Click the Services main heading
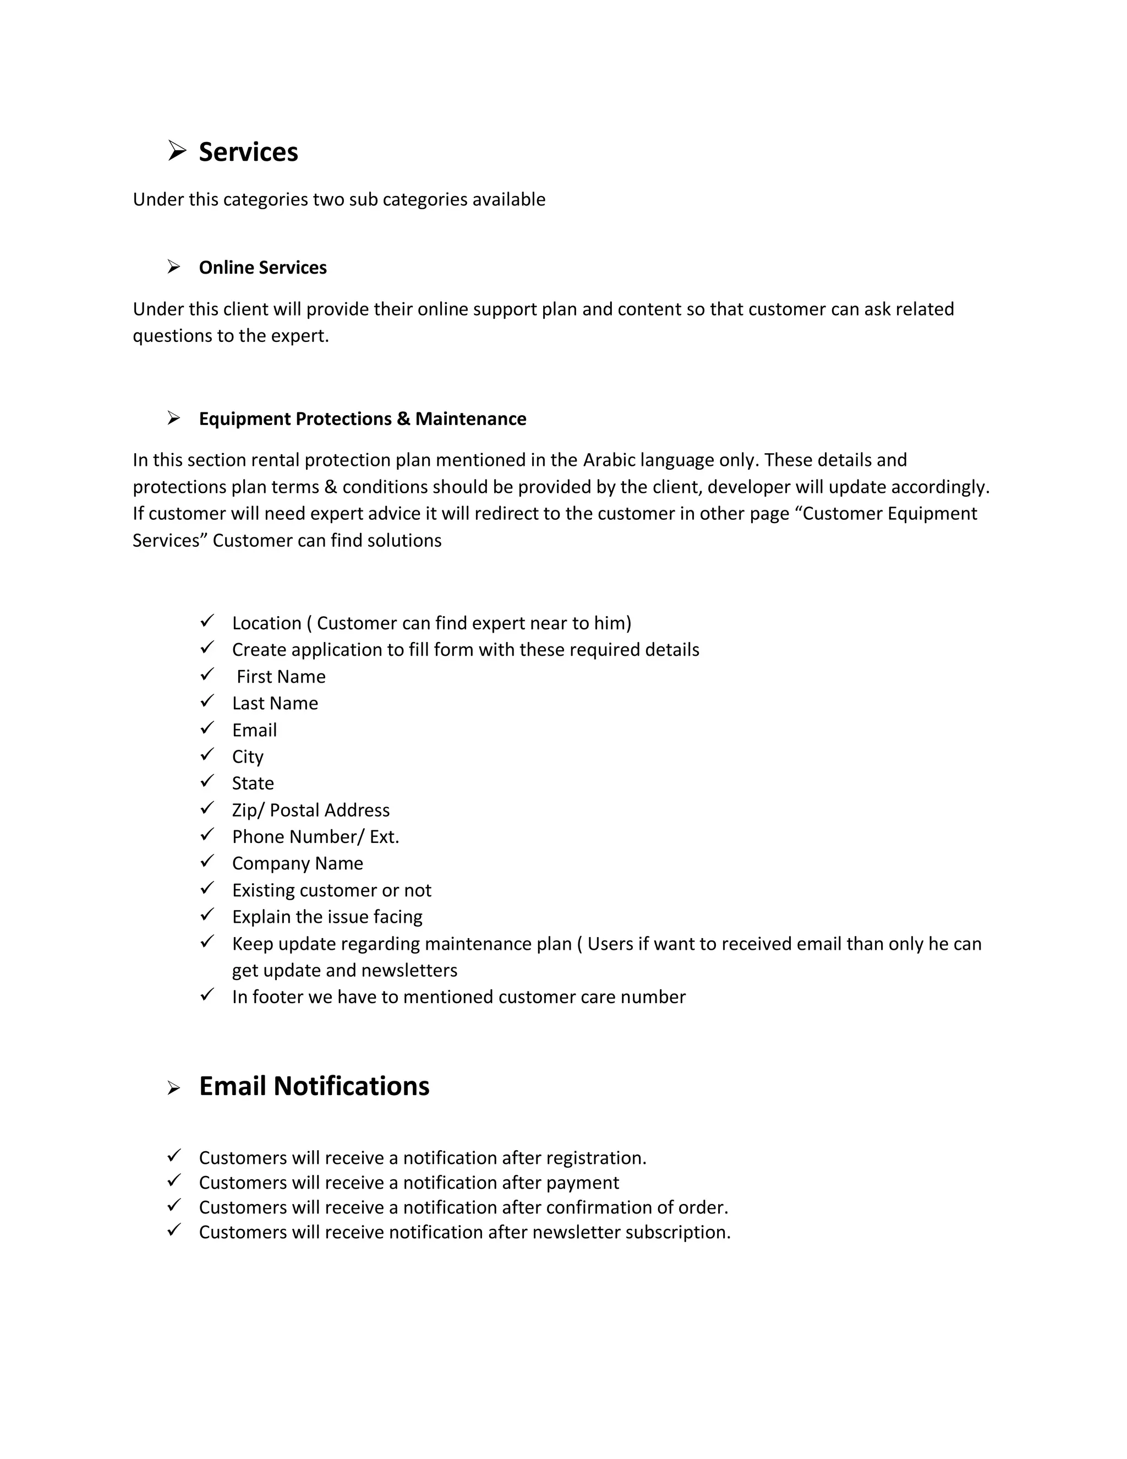248,153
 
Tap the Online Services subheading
262,268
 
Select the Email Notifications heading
314,1086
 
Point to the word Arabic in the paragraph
609,460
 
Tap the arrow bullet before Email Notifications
173,1089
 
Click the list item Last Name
275,704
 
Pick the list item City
248,757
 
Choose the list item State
253,783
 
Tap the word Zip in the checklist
245,810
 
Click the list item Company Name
297,864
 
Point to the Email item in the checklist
254,730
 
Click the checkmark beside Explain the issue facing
207,914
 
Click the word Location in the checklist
266,623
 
